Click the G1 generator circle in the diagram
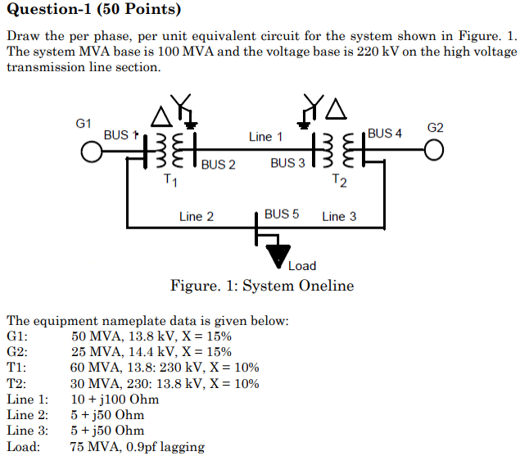pos(90,152)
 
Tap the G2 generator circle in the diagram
pos(434,152)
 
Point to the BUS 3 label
pos(287,163)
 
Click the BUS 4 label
pos(385,133)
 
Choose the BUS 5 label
pos(282,214)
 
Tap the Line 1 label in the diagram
pos(266,137)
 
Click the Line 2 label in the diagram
pos(197,217)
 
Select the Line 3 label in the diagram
pos(339,217)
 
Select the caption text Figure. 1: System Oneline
pos(262,286)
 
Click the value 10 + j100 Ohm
pos(115,400)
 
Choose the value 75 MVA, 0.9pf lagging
pos(138,447)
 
